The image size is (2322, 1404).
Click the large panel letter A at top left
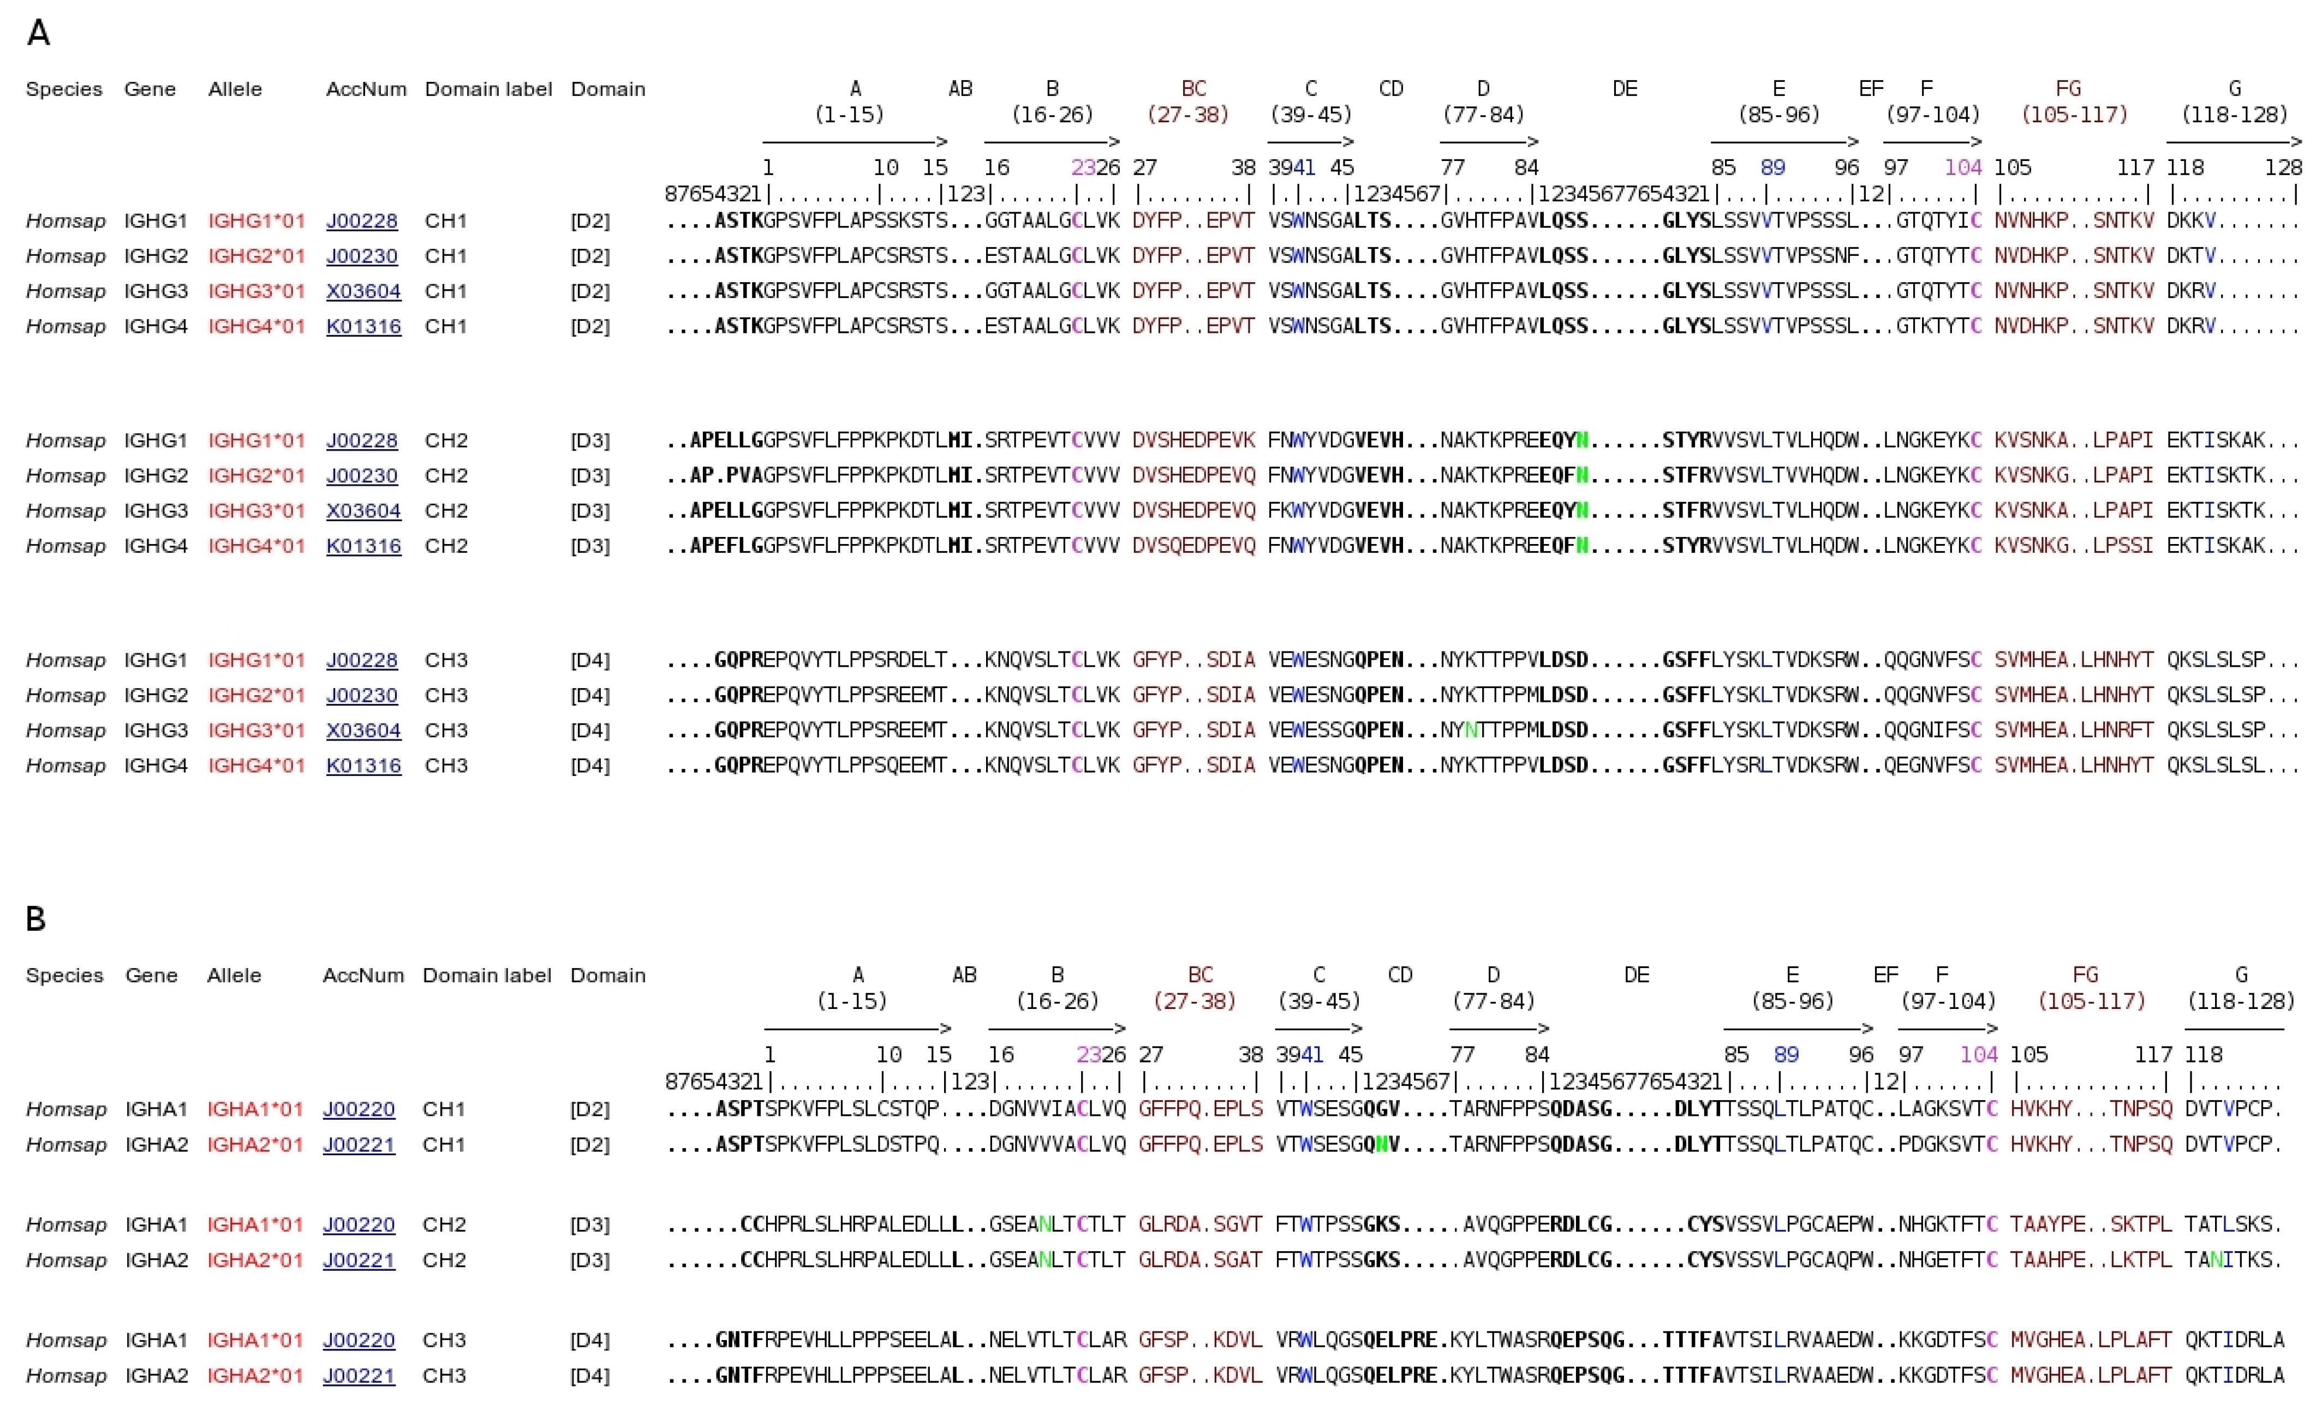click(x=38, y=33)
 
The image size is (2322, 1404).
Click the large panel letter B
click(x=36, y=919)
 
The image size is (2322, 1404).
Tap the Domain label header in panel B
click(x=486, y=975)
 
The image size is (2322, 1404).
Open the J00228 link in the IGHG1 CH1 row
click(x=362, y=222)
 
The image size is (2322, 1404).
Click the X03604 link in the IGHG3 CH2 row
click(x=364, y=511)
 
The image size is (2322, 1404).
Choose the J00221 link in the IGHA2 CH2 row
click(x=359, y=1260)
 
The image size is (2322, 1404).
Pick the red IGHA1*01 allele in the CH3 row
click(x=255, y=1340)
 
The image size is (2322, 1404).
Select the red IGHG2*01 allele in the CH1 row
click(x=256, y=256)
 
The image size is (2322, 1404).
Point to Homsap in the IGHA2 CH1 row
click(x=66, y=1145)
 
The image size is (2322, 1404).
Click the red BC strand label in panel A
click(x=1193, y=88)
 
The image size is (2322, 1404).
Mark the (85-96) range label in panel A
click(x=1778, y=115)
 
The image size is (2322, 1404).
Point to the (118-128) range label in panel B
click(x=2241, y=1001)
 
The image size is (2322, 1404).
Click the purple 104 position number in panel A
click(x=1963, y=168)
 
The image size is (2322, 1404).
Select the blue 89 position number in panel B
click(x=1786, y=1054)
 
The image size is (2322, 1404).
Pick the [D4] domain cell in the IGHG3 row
click(x=590, y=730)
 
